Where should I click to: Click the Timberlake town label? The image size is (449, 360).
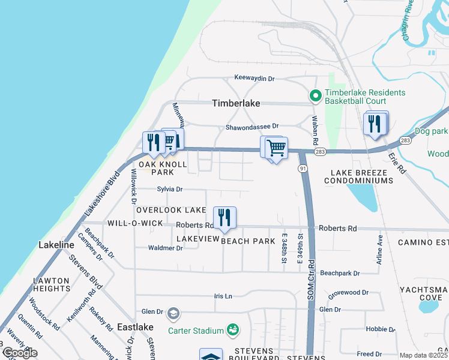pos(236,103)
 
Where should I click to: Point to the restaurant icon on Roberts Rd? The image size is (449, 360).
pos(225,218)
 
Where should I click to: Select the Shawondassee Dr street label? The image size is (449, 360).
pos(252,127)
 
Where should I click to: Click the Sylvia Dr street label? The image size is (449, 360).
pos(169,189)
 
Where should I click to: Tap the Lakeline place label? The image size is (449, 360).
pos(56,245)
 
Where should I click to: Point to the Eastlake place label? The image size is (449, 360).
pos(135,327)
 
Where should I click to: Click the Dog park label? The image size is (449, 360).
pos(431,131)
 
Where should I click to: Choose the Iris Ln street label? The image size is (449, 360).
pos(223,296)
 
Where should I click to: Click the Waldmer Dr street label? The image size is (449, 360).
pos(165,248)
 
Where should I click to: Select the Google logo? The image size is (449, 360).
pos(20,353)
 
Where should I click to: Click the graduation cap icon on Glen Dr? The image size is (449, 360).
pos(173,313)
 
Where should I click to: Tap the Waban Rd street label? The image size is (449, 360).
pos(313,130)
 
